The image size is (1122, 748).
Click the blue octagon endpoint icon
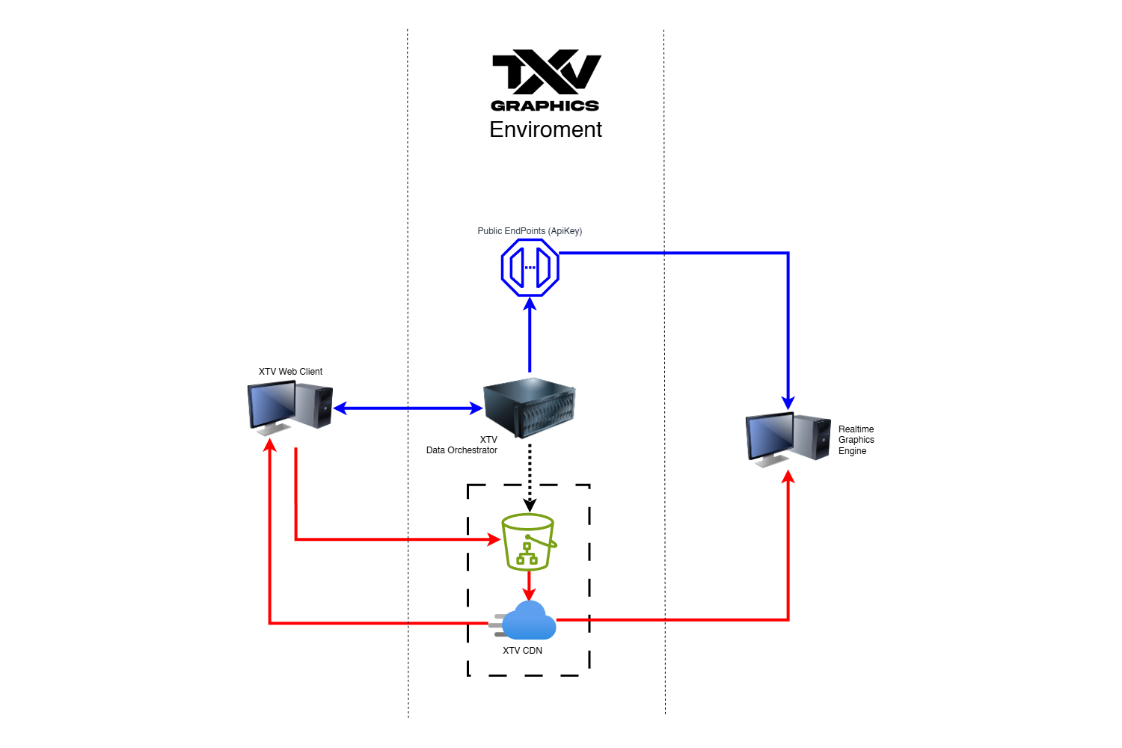pyautogui.click(x=530, y=268)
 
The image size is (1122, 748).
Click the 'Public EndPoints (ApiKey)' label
pyautogui.click(x=530, y=231)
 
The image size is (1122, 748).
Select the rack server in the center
pyautogui.click(x=530, y=407)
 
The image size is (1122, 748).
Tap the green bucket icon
pyautogui.click(x=528, y=542)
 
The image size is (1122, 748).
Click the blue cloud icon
pyautogui.click(x=530, y=622)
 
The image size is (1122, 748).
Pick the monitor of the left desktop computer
pyautogui.click(x=271, y=404)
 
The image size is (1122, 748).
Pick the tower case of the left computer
pyautogui.click(x=314, y=405)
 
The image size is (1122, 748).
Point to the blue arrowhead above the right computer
pyautogui.click(x=788, y=403)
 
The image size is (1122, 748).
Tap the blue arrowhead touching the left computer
pyautogui.click(x=340, y=408)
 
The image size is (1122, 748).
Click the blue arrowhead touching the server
pyautogui.click(x=476, y=408)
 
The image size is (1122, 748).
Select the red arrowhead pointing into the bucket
pyautogui.click(x=494, y=539)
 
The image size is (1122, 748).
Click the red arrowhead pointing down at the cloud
pyautogui.click(x=529, y=594)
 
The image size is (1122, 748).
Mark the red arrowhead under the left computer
pyautogui.click(x=270, y=446)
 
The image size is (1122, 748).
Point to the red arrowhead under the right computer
pyautogui.click(x=788, y=476)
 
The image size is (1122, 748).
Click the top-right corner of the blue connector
pyautogui.click(x=788, y=254)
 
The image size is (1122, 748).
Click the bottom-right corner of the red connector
pyautogui.click(x=788, y=619)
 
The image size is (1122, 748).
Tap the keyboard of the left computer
pyautogui.click(x=273, y=429)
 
